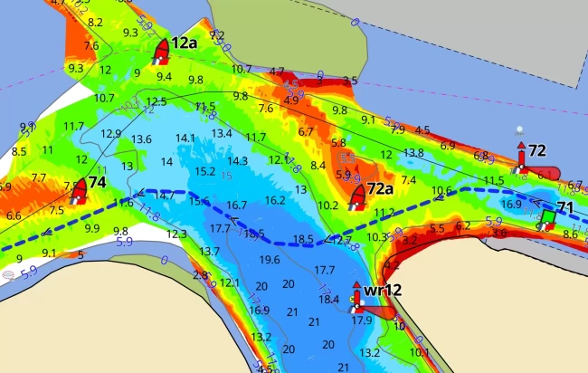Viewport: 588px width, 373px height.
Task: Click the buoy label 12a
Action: coord(185,43)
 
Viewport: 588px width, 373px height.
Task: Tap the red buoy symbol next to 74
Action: coord(80,190)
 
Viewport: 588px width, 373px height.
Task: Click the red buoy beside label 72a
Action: coord(357,195)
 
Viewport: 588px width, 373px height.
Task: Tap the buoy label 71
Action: coord(565,208)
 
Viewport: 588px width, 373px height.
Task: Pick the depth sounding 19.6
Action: coord(270,260)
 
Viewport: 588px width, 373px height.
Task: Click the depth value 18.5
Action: coord(303,240)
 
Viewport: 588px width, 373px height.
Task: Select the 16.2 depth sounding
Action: coord(276,200)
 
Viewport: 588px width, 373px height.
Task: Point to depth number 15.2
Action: coord(205,171)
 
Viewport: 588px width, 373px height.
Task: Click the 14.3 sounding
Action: coord(238,161)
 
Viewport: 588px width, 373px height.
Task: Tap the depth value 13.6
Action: coord(141,139)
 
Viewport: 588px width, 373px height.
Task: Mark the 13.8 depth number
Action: coord(413,153)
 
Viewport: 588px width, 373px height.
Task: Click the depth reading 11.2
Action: coord(384,213)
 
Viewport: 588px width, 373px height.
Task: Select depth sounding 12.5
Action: coord(156,101)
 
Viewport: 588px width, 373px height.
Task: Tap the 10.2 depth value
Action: coord(328,206)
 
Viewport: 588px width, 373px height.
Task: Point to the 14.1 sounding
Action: coord(185,138)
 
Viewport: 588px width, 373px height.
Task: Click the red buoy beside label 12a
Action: coord(162,50)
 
